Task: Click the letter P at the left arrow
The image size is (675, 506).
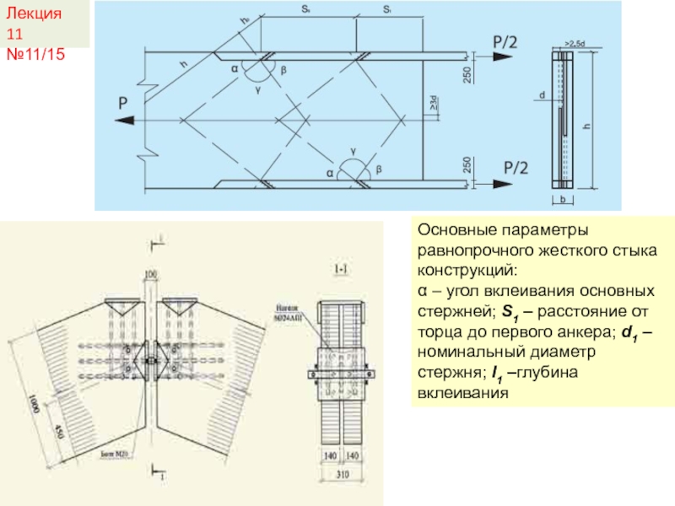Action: pyautogui.click(x=123, y=104)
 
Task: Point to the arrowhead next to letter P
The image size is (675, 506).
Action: pyautogui.click(x=127, y=121)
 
